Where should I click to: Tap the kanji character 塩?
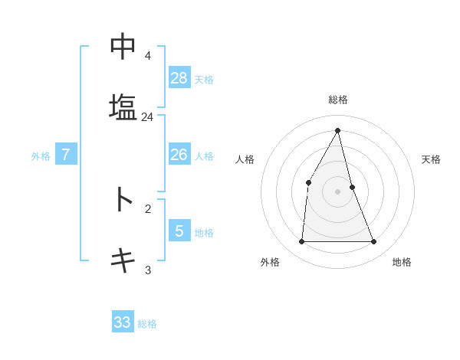pos(123,106)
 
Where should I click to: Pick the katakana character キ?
pos(123,260)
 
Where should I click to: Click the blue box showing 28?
pos(179,78)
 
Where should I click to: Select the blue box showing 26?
pos(179,155)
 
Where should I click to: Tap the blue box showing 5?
pos(179,231)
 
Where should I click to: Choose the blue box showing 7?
pos(66,155)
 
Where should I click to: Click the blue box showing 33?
pos(123,322)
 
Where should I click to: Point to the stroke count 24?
pos(147,117)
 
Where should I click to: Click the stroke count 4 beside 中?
pos(147,56)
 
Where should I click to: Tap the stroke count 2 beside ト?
pos(147,208)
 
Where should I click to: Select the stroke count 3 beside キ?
pos(147,270)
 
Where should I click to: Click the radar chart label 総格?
pos(337,100)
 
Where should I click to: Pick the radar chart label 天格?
pos(431,159)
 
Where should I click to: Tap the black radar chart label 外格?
pos(269,262)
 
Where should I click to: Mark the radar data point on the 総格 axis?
pos(337,130)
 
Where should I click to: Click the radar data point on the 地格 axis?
pos(374,242)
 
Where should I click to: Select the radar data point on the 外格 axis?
pos(301,242)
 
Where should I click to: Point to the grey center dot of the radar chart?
pos(337,191)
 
